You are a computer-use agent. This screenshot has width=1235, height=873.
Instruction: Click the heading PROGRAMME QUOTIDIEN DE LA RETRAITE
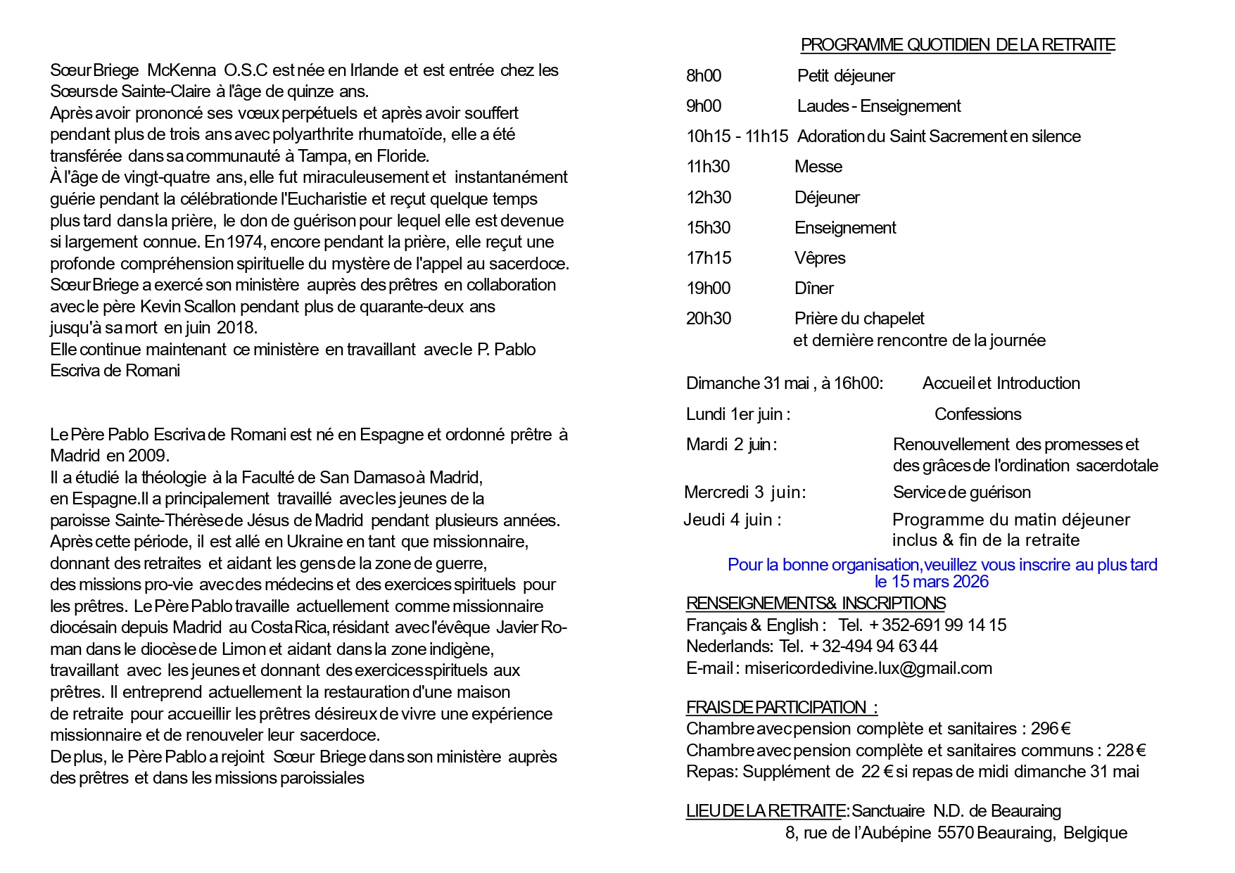point(957,45)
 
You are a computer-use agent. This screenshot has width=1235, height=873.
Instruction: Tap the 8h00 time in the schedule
point(703,76)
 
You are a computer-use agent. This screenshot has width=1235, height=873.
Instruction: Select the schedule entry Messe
point(818,167)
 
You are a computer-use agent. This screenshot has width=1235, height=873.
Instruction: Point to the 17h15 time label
point(708,258)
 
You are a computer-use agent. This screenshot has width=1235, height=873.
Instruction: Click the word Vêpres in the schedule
point(820,258)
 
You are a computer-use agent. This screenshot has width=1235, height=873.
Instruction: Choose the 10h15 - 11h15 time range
point(737,136)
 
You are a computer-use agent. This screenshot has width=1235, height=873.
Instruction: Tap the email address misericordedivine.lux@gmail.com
point(868,668)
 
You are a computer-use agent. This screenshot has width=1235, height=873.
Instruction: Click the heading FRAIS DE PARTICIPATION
point(781,708)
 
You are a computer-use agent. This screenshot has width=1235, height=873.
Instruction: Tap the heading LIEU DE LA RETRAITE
point(764,811)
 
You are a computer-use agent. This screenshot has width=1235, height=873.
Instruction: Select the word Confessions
point(977,414)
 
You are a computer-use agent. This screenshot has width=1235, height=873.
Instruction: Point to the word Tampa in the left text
point(320,156)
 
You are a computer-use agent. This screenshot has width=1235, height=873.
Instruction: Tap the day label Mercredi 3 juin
point(745,492)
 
